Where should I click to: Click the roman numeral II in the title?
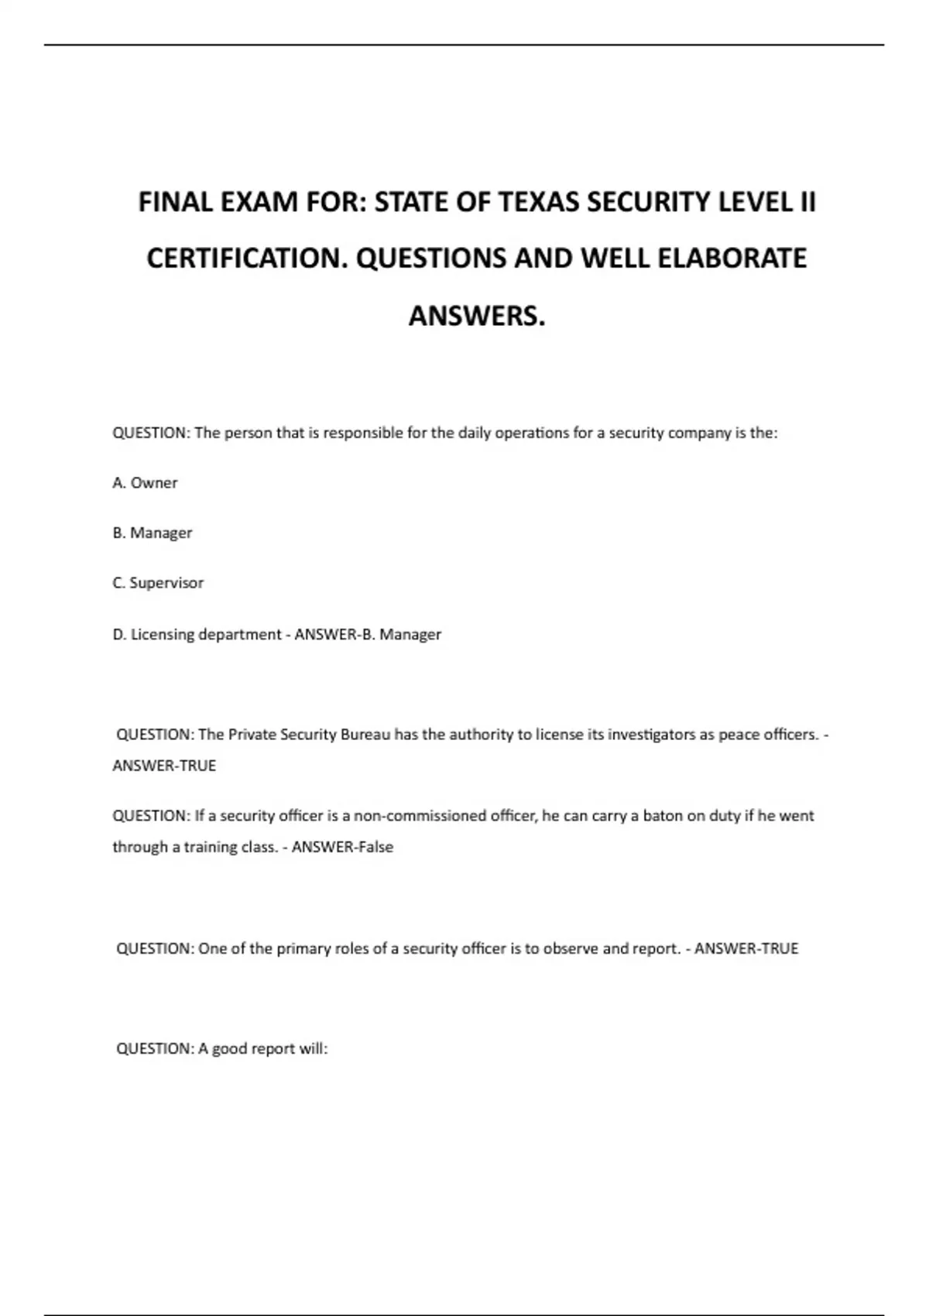807,202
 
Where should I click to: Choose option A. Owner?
145,483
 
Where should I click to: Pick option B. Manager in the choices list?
153,533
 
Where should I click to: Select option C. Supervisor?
158,583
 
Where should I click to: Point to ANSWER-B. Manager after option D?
368,635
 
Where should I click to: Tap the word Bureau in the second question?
365,735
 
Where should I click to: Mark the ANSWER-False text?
342,847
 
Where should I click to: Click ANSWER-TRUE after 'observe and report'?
746,949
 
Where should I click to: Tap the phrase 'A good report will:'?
263,1049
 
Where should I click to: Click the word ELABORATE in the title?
732,259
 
